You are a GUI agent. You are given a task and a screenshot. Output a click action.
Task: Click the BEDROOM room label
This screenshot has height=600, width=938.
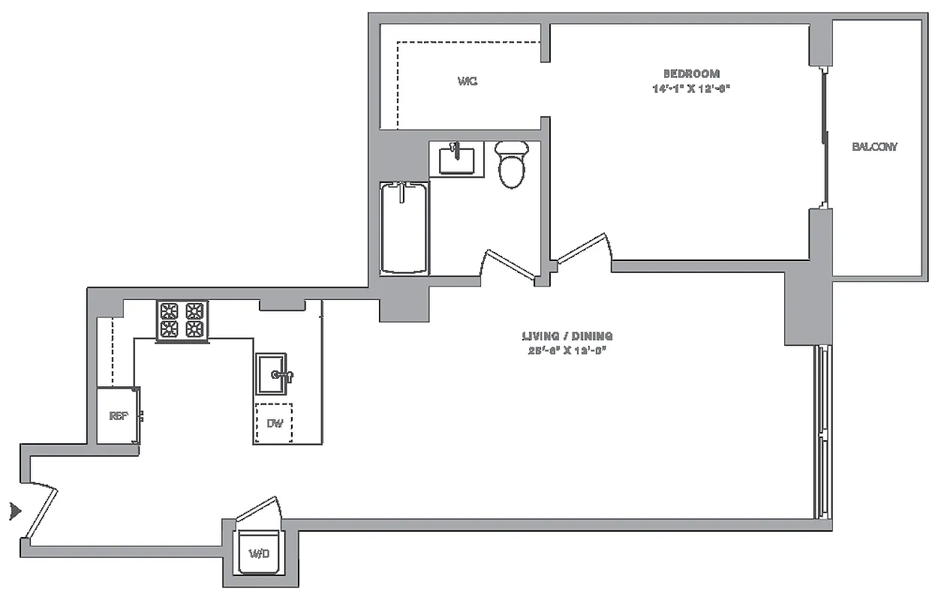[691, 73]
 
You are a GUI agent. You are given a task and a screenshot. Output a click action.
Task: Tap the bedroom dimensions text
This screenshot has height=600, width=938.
[691, 88]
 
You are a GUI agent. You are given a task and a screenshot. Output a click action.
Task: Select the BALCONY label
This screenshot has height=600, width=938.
[874, 147]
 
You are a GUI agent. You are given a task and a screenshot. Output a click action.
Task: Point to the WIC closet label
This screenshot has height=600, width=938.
[467, 81]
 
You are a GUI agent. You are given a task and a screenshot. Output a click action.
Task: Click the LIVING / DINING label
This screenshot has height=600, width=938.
[567, 336]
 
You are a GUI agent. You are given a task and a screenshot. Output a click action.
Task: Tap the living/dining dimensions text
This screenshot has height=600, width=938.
[567, 350]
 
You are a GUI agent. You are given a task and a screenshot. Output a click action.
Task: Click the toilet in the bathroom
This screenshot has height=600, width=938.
[513, 163]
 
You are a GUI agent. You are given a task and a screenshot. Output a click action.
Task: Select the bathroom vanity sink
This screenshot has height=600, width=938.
[456, 159]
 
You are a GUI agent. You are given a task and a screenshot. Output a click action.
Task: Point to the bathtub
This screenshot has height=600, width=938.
[404, 227]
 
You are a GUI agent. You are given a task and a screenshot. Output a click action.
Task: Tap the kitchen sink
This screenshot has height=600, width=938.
[272, 373]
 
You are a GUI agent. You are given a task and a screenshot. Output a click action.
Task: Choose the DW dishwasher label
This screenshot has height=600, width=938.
[275, 423]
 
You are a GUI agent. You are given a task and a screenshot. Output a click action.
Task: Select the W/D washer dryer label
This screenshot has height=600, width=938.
[259, 554]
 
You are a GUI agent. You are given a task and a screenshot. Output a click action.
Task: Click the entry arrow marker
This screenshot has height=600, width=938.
[14, 511]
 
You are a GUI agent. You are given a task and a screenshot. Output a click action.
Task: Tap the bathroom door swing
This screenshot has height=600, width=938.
[510, 264]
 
